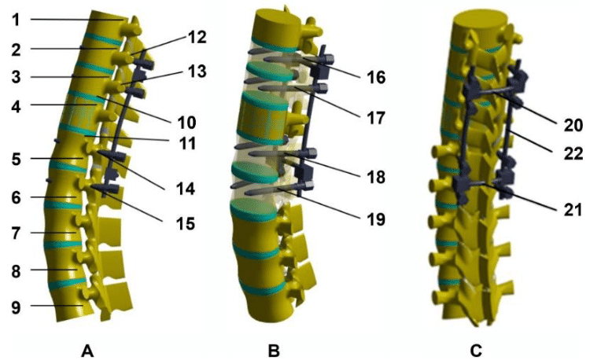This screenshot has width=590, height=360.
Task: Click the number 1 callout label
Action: tap(15, 17)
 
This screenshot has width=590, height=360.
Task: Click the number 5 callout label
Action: tap(15, 159)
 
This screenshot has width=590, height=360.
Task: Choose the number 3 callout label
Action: tap(15, 77)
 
